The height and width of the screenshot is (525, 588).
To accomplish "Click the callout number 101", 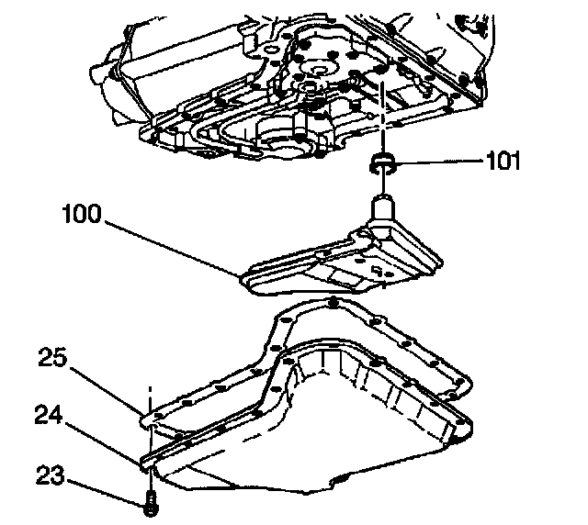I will coord(503,163).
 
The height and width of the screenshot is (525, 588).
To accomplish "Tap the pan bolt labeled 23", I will coord(149,501).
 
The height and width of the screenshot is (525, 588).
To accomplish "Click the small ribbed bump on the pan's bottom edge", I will coord(342,480).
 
